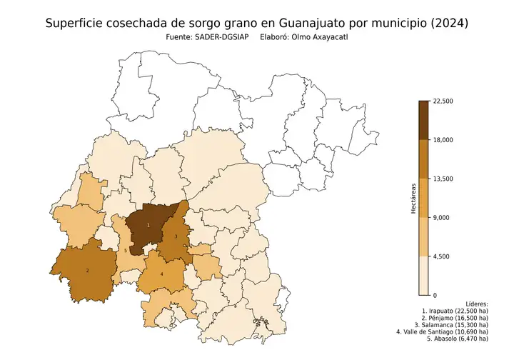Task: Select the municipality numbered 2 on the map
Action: coord(87,271)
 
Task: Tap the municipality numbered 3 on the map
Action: coord(176,236)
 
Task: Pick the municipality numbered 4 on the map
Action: coord(162,274)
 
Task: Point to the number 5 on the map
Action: coord(126,251)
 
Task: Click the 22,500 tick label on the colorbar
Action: coord(443,101)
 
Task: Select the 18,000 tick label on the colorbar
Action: coord(443,140)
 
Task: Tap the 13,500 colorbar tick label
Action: coord(443,179)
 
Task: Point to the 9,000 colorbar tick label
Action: coord(442,217)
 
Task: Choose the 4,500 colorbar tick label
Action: coord(442,256)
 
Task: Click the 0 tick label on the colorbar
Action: coord(435,294)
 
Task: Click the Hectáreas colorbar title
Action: coord(413,198)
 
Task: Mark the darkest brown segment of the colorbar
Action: coord(423,120)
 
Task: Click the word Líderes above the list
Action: coord(476,304)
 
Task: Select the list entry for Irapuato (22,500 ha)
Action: coord(455,312)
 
